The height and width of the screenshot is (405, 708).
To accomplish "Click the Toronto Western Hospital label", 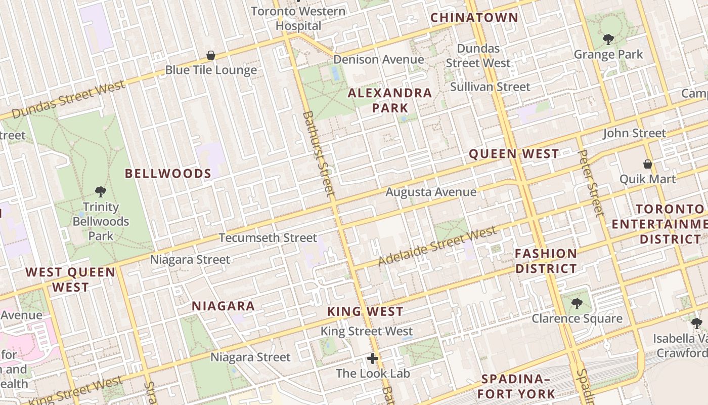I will coord(298,18).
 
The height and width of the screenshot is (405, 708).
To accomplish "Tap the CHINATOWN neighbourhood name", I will coord(474,18).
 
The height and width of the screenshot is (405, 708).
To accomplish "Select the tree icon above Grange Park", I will coord(608,39).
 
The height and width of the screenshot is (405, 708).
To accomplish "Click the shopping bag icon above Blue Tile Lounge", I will coord(211,55).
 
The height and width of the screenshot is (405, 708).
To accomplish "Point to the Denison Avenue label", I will coord(378,60).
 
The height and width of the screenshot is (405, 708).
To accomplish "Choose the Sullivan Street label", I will coord(490,87).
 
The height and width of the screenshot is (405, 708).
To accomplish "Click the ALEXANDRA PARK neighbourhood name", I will coord(390,100).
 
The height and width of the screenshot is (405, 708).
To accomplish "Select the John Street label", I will coord(634,133).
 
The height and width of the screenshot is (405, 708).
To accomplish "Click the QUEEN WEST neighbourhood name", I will coord(514,154).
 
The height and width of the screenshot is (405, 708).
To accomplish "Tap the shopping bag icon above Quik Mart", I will coord(647,164).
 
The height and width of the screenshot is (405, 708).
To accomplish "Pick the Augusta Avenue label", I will coord(431,192).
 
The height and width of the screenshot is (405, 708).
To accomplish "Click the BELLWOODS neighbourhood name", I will coord(168,174).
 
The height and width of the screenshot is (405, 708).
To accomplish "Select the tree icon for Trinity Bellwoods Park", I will coord(101,192).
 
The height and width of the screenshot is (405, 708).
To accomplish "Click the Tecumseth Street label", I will coord(268,238).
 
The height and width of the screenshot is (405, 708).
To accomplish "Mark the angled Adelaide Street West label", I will coord(437,247).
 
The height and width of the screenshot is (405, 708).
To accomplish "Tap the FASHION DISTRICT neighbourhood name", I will coord(546,261).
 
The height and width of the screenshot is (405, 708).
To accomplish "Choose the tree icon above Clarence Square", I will coord(577,304).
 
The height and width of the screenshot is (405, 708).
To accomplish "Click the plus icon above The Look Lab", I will coord(373,359).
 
